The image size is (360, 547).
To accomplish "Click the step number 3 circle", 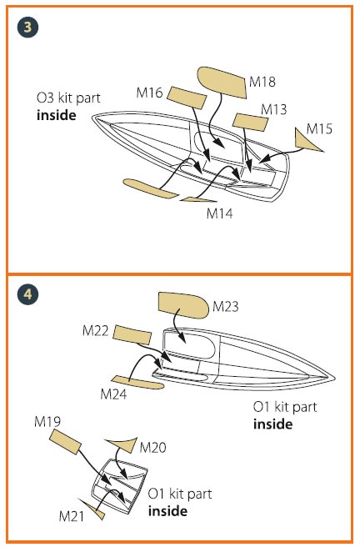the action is pyautogui.click(x=27, y=28).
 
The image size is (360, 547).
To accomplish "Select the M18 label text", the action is pyautogui.click(x=262, y=82).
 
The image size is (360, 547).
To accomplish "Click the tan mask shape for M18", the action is pyautogui.click(x=222, y=83).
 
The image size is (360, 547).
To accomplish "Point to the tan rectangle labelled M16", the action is pyautogui.click(x=187, y=98).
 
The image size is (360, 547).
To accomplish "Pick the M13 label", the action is pyautogui.click(x=274, y=109).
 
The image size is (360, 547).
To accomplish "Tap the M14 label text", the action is pyautogui.click(x=219, y=213).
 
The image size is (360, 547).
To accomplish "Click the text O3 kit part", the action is pyautogui.click(x=68, y=98).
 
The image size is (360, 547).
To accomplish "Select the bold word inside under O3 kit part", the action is pyautogui.click(x=57, y=115).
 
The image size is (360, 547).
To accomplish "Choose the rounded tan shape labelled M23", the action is pyautogui.click(x=183, y=305).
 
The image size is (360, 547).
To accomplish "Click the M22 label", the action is pyautogui.click(x=96, y=330).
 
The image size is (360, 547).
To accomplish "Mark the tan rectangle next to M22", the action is pyautogui.click(x=132, y=335).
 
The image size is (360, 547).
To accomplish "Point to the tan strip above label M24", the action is pyautogui.click(x=137, y=383).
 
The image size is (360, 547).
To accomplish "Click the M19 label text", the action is pyautogui.click(x=47, y=421).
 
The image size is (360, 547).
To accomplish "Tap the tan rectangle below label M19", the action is pyautogui.click(x=65, y=442).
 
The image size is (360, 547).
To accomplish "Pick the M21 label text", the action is pyautogui.click(x=72, y=516).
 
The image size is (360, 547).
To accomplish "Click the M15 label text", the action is pyautogui.click(x=319, y=128).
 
